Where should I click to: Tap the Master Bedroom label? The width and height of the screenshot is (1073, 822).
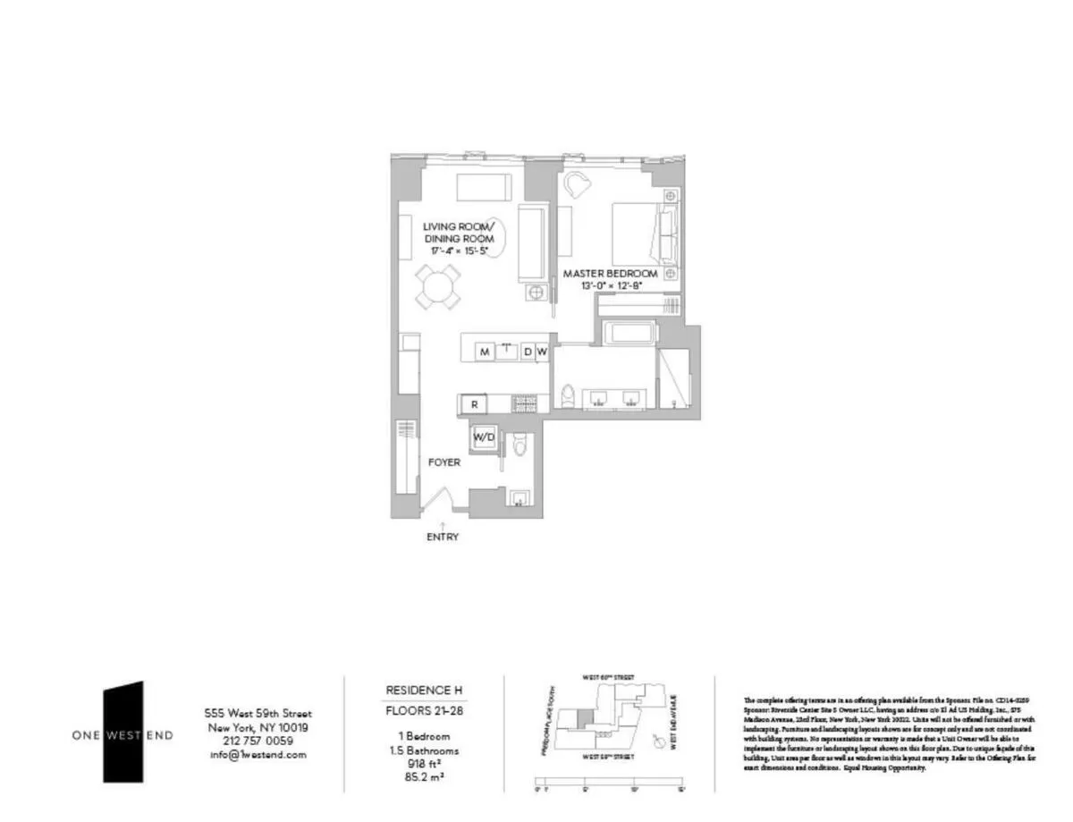[x=611, y=273]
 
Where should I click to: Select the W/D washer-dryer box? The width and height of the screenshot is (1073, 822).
[x=484, y=437]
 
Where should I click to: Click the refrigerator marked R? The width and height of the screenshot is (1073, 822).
[x=474, y=405]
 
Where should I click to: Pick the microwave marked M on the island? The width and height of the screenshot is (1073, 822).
[x=484, y=352]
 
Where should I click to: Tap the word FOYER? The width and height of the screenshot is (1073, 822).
[x=444, y=462]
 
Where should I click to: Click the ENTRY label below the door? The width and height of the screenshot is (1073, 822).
[x=443, y=537]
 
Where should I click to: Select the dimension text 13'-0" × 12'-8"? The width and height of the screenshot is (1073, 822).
[x=611, y=286]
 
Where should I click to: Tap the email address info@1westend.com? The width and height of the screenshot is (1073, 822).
[x=258, y=755]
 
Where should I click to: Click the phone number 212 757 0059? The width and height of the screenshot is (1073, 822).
[x=258, y=741]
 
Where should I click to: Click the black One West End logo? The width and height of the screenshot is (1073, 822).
[x=123, y=732]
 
